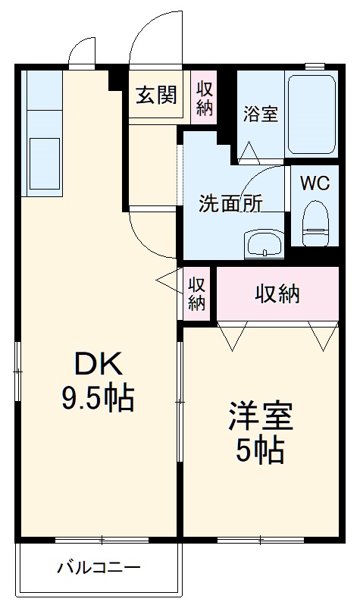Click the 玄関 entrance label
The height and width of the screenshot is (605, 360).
(x=156, y=95)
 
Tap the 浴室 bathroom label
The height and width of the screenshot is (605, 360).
(x=261, y=114)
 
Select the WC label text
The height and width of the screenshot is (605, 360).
(x=315, y=183)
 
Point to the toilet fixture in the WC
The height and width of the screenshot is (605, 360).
(x=315, y=224)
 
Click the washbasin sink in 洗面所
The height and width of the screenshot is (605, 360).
(x=265, y=244)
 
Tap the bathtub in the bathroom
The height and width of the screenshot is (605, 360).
(x=311, y=114)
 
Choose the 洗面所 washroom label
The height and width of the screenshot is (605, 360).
(x=230, y=203)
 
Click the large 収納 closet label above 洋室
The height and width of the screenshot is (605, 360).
(x=277, y=295)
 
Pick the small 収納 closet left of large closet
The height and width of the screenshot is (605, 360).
(x=196, y=293)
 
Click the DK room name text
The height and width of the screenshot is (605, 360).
(x=98, y=364)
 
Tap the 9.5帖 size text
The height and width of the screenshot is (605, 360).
(x=98, y=397)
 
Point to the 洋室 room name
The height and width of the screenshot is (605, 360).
(x=261, y=416)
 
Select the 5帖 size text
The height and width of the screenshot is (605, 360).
(x=260, y=450)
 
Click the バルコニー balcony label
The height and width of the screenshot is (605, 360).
(x=99, y=568)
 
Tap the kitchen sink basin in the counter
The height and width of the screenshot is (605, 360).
(x=45, y=164)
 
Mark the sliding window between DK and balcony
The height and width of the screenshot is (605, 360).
(x=102, y=540)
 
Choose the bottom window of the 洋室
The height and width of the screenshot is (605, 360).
(x=261, y=540)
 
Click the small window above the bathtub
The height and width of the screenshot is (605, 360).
(x=315, y=66)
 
